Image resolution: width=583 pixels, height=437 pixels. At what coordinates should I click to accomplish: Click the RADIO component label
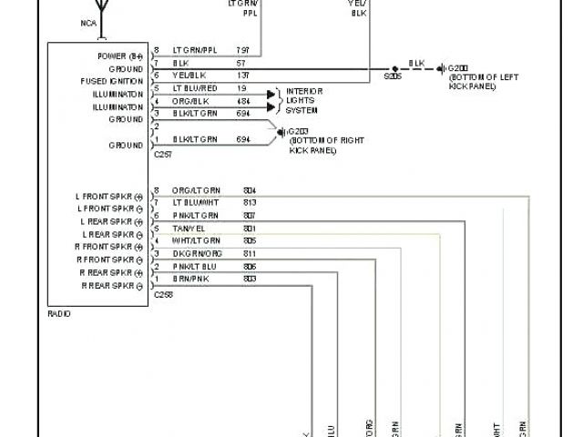[58, 313]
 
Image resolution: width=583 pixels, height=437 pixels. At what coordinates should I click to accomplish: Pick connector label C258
[163, 295]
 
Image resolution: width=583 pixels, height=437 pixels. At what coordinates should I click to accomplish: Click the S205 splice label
[393, 77]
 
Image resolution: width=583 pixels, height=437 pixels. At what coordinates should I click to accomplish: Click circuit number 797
[243, 50]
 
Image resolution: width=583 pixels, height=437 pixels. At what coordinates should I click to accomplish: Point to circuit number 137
[243, 76]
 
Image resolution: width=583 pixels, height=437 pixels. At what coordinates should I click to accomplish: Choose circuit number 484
[243, 100]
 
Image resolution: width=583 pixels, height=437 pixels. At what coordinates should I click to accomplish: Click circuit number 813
[250, 202]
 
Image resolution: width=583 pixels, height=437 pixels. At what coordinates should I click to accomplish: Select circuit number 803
[250, 279]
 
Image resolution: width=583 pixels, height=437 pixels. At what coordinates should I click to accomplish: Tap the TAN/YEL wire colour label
[188, 228]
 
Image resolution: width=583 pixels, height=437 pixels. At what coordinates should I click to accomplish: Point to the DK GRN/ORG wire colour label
[195, 253]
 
